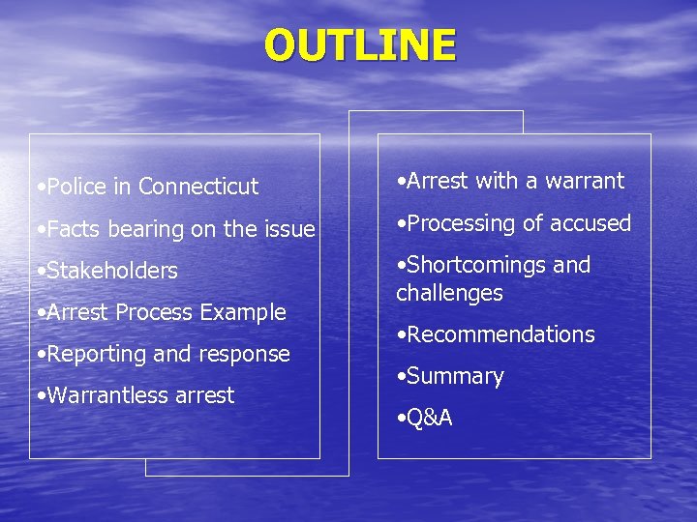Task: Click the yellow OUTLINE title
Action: [360, 45]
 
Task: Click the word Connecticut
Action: [198, 187]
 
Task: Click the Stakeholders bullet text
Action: [111, 271]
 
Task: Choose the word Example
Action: [243, 312]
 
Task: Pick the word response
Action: [245, 355]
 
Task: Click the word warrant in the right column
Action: [585, 181]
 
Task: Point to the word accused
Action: [591, 223]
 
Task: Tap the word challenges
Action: [449, 293]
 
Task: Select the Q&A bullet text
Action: [429, 419]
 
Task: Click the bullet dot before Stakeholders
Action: [36, 272]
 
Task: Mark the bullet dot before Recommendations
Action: [401, 335]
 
